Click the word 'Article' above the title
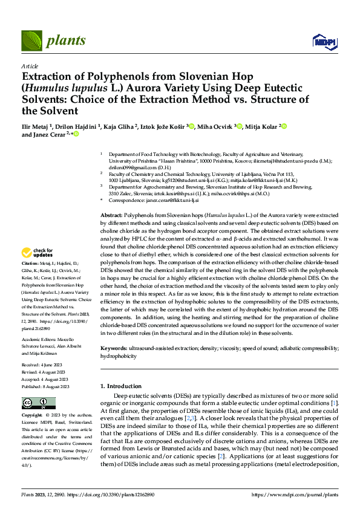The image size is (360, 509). pos(30,66)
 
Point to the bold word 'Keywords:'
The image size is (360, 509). pos(114,349)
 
